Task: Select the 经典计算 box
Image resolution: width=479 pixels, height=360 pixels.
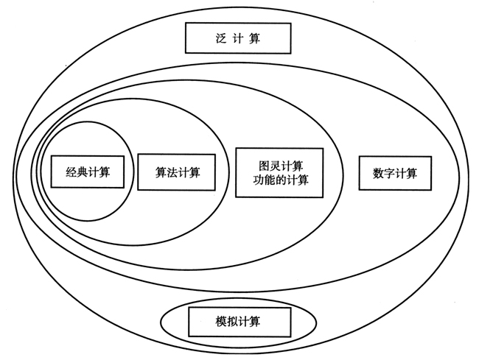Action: (87, 172)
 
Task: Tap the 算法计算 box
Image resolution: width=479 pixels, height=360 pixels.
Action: (177, 172)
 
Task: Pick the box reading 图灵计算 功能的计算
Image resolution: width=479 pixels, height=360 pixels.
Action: (280, 172)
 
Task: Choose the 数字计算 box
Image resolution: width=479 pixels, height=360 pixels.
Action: (395, 174)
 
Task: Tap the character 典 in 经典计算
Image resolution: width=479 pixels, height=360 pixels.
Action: (81, 172)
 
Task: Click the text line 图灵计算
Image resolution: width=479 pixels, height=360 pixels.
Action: (280, 163)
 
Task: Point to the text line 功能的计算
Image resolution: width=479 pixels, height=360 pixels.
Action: (280, 180)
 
